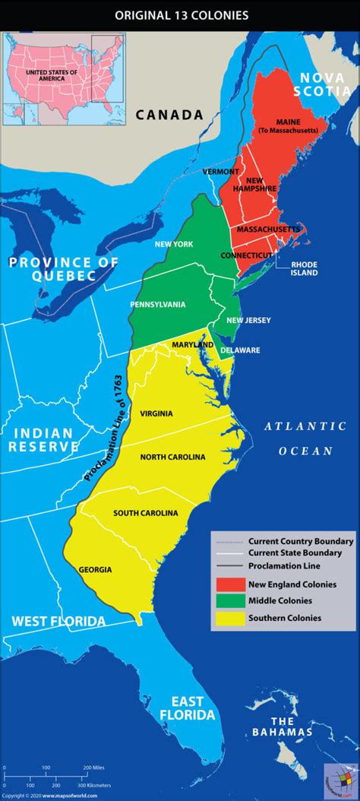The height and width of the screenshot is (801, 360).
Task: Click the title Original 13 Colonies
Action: click(180, 14)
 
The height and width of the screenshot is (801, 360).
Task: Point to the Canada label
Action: click(169, 115)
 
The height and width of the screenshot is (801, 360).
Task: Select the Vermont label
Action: click(221, 172)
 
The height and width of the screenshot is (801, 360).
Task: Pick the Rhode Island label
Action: click(304, 268)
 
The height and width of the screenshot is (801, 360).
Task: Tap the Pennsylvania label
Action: click(157, 305)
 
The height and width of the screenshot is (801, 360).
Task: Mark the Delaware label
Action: click(240, 350)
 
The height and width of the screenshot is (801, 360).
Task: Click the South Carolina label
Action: click(146, 513)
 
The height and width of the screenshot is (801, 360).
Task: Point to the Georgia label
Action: click(95, 569)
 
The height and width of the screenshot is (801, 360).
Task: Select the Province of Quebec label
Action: click(64, 269)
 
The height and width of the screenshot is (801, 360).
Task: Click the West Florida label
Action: click(58, 621)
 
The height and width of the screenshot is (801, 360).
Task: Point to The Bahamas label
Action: click(283, 727)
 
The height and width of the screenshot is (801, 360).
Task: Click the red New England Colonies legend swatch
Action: click(228, 584)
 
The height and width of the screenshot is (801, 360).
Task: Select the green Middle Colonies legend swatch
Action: click(228, 601)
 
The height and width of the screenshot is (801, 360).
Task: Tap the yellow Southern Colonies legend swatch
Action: click(228, 618)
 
